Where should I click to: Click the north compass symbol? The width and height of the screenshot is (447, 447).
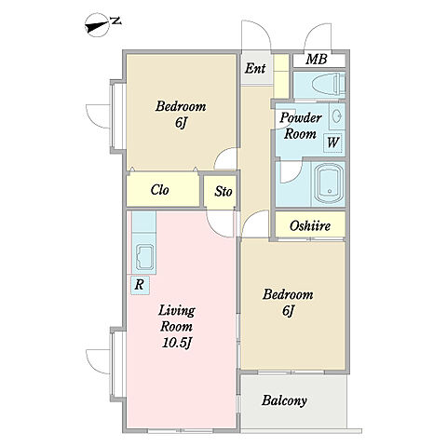click(99, 25)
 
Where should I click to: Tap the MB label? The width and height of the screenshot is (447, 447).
click(316, 60)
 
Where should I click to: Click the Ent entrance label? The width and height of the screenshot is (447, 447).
click(255, 68)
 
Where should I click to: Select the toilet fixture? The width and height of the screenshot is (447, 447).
click(329, 84)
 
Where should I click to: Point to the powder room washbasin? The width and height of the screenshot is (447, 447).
click(336, 116)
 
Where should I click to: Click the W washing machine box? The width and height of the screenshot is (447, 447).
click(332, 142)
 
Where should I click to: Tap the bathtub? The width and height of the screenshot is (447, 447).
click(329, 183)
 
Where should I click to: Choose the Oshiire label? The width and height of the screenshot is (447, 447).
click(310, 226)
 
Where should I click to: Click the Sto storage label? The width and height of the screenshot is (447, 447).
click(223, 191)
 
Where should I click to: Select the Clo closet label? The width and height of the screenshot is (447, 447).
click(159, 190)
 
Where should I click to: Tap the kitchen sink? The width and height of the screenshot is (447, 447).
click(143, 257)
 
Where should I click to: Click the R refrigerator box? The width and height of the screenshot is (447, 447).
click(140, 285)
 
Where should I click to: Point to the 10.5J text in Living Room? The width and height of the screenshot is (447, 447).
click(176, 343)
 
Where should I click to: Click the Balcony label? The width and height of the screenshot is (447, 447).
click(284, 400)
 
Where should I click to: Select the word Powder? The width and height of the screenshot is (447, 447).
click(301, 117)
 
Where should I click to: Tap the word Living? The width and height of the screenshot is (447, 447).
click(177, 311)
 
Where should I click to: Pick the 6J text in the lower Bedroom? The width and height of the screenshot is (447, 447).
click(288, 311)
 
